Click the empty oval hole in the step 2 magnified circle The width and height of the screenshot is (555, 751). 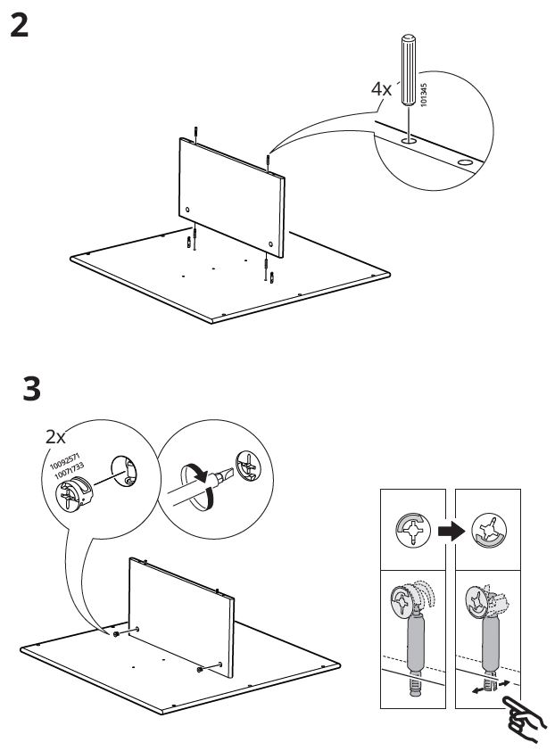click(x=465, y=163)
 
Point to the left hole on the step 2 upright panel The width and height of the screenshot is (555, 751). click(x=188, y=210)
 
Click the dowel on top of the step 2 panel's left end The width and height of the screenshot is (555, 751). click(x=194, y=134)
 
